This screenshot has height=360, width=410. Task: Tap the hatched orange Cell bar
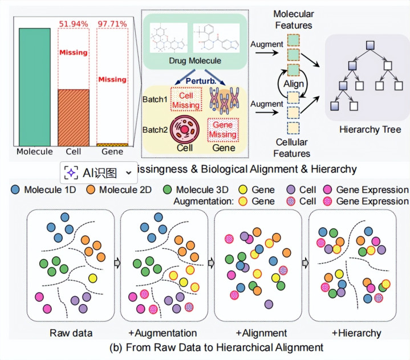pos(73,117)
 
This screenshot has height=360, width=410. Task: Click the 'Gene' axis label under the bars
pos(112,152)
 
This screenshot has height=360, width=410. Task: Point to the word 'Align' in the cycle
pos(296,84)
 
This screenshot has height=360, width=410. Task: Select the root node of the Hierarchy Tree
pos(370,44)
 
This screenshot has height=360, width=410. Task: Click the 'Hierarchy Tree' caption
pos(370,130)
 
